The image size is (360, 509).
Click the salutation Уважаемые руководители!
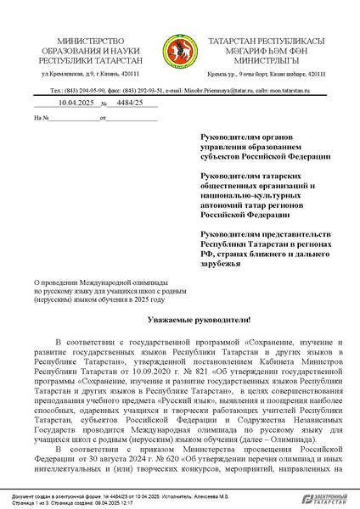pos(180,321)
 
